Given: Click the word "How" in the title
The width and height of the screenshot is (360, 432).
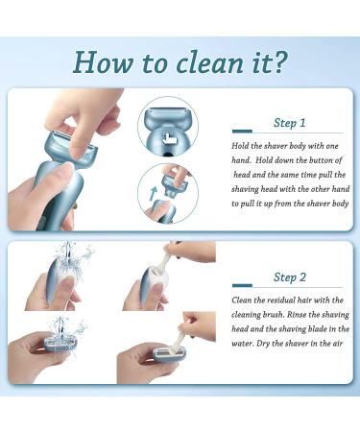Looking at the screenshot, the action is pos(103,62).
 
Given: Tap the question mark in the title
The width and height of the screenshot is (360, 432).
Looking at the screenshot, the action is pos(278,61).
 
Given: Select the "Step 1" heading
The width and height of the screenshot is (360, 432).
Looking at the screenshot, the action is pos(290,123).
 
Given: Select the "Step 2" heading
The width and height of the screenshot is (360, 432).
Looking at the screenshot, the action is pos(290,276).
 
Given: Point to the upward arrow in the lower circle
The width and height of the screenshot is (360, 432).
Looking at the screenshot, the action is pos(154,193).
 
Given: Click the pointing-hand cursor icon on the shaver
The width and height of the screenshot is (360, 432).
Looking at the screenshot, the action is pos(169,139).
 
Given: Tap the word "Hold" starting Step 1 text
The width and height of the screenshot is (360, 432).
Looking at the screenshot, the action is pos(240,146).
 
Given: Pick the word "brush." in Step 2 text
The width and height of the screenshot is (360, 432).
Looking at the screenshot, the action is pos(273,314).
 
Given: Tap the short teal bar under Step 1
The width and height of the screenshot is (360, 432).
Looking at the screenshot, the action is pos(242,132).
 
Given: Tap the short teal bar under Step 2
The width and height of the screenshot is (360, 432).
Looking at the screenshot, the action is pos(242,285).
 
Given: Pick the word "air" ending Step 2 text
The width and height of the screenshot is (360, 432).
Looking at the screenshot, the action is pos(337,344).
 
